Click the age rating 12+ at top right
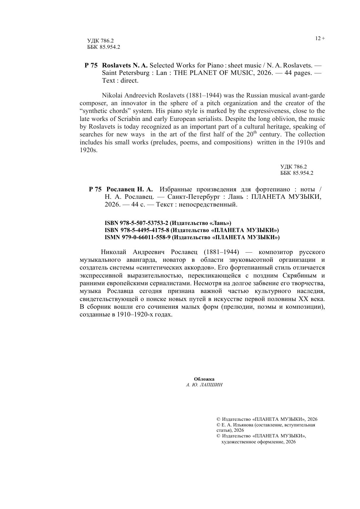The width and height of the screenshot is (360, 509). [x=320, y=38]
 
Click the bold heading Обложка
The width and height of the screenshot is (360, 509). [x=204, y=379]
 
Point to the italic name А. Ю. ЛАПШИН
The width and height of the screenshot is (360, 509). [x=204, y=385]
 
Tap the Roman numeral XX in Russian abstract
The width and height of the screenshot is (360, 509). [x=303, y=299]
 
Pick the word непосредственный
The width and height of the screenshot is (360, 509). [x=212, y=204]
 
